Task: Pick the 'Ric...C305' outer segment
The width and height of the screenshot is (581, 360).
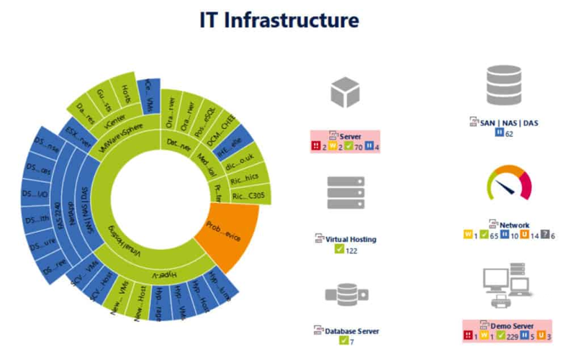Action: coord(250,195)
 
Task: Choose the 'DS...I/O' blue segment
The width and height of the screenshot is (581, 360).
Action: coord(36,197)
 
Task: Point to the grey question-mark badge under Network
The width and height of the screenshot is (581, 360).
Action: coord(551,235)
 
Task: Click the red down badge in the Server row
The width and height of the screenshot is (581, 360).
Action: coord(315,146)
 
